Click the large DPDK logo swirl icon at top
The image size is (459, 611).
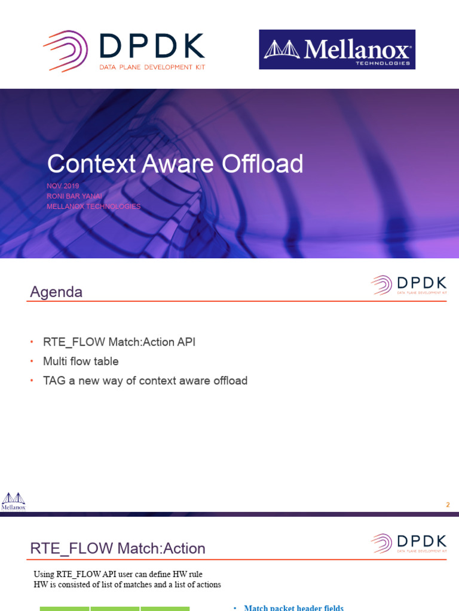(x=65, y=51)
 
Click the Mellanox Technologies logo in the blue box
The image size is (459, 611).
(x=337, y=50)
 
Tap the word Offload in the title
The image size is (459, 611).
(x=261, y=163)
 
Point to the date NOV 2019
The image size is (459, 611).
(x=63, y=186)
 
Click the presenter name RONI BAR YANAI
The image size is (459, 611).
(x=74, y=196)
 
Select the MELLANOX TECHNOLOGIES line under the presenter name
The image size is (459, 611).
(x=93, y=206)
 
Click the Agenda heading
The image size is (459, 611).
(x=56, y=292)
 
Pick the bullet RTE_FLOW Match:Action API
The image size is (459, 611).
(x=119, y=342)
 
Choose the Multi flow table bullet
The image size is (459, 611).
(x=81, y=362)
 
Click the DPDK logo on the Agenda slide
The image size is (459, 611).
(x=409, y=285)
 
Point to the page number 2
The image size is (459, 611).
(x=448, y=505)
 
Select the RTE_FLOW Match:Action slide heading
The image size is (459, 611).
(x=118, y=548)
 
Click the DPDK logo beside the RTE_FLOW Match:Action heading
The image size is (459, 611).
(x=409, y=544)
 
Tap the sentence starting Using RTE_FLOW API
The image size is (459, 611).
(x=118, y=574)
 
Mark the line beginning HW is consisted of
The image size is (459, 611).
(x=127, y=585)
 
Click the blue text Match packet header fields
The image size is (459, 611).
(x=293, y=607)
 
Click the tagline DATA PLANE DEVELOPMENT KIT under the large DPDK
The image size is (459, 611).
(x=152, y=67)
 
